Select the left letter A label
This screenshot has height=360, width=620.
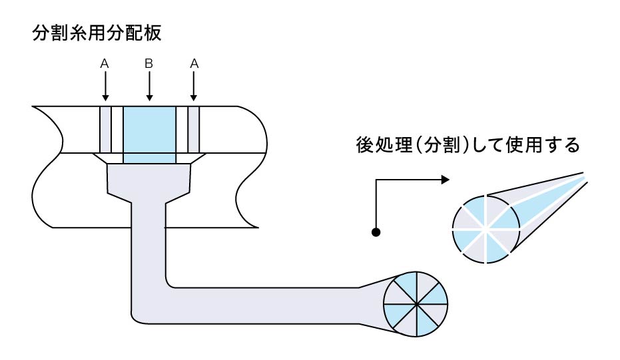(x=105, y=64)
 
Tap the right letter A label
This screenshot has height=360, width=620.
(x=194, y=64)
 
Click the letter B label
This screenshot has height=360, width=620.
(x=149, y=64)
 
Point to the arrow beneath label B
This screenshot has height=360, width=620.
(x=149, y=86)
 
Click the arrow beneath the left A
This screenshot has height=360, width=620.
(x=105, y=86)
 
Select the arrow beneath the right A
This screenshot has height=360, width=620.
(x=194, y=86)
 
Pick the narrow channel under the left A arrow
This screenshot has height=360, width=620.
(x=105, y=129)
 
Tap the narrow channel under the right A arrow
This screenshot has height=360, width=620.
(x=194, y=129)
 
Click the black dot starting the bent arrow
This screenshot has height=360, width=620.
(x=376, y=232)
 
